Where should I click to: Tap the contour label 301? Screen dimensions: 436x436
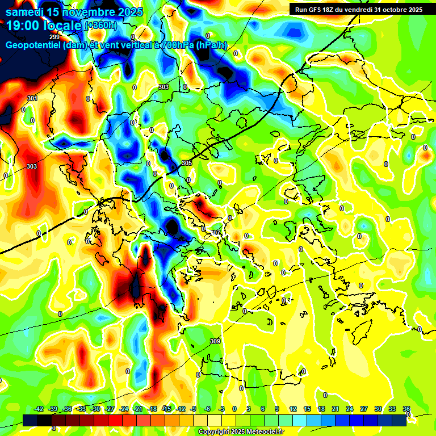tap(32, 98)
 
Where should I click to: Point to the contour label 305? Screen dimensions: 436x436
tap(187, 163)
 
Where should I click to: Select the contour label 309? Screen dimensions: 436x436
tap(215, 341)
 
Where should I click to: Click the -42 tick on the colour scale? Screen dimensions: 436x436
tap(39, 409)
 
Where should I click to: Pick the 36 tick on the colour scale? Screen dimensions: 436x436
tap(406, 409)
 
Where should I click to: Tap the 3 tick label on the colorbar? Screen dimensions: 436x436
tap(249, 409)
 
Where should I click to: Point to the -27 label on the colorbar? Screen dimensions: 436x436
tap(110, 409)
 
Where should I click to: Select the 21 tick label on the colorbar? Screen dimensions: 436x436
tap(336, 409)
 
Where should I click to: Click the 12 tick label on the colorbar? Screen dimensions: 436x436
tap(292, 409)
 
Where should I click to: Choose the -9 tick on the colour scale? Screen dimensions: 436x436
tap(193, 409)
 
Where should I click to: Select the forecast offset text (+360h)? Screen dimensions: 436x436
tap(100, 26)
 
